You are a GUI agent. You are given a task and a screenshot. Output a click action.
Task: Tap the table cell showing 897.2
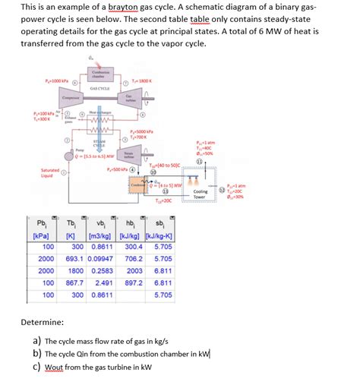pos(133,282)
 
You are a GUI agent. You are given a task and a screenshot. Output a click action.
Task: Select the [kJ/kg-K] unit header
pos(162,235)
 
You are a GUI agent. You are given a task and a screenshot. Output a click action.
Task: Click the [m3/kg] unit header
pos(103,235)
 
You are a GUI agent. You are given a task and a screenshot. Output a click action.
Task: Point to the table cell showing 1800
pos(76,270)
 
